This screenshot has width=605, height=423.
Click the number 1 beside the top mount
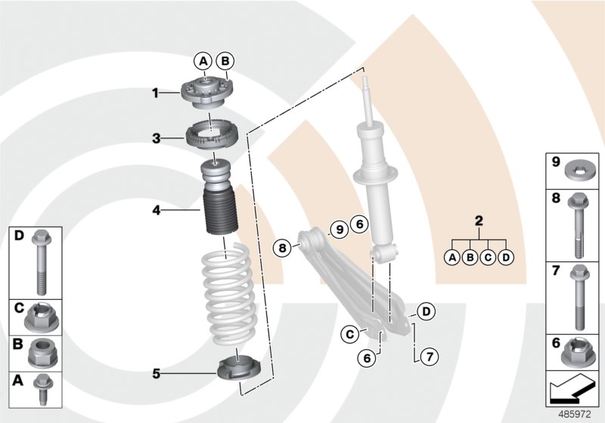(155, 94)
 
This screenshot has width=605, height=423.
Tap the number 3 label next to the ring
(155, 138)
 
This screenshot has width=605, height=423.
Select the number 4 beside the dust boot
(155, 211)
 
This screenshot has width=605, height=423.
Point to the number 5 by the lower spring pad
(155, 372)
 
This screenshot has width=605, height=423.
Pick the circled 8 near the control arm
(281, 246)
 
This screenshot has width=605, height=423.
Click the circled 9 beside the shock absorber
(339, 227)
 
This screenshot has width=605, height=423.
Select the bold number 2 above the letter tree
(478, 221)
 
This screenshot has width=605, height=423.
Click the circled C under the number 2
(487, 257)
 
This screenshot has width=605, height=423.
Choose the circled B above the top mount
(225, 61)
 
